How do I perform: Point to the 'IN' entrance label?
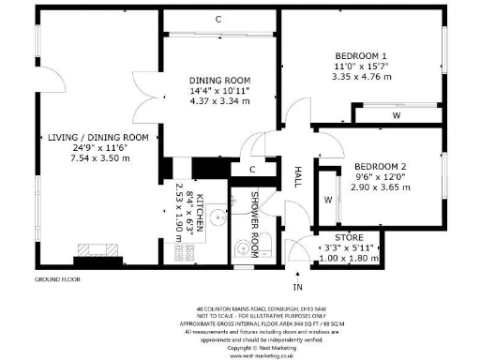[x=298, y=286]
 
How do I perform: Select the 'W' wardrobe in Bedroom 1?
[x=397, y=116]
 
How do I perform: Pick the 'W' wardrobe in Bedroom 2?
[x=329, y=200]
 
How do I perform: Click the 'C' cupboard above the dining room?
[x=218, y=19]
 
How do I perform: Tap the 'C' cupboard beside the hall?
[x=253, y=170]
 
